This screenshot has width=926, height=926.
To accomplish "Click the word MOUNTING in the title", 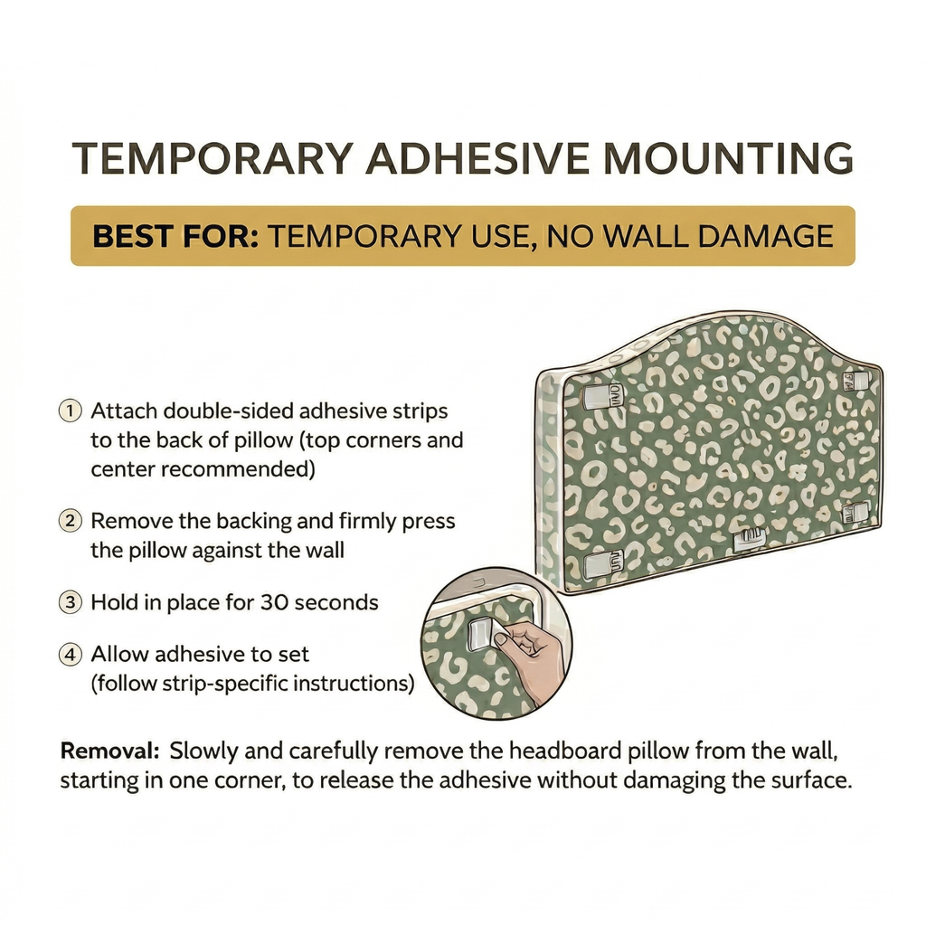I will point(728,158).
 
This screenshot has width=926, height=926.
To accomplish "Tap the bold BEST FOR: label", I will point(176,236).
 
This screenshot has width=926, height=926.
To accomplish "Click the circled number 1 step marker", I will point(70,411).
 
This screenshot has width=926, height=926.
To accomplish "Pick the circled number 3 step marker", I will point(70,601).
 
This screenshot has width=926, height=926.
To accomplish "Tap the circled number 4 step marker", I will point(70,654).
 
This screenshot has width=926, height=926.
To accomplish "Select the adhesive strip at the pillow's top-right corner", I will point(855,380).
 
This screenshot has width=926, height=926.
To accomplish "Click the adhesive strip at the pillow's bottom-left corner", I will point(602,562).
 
